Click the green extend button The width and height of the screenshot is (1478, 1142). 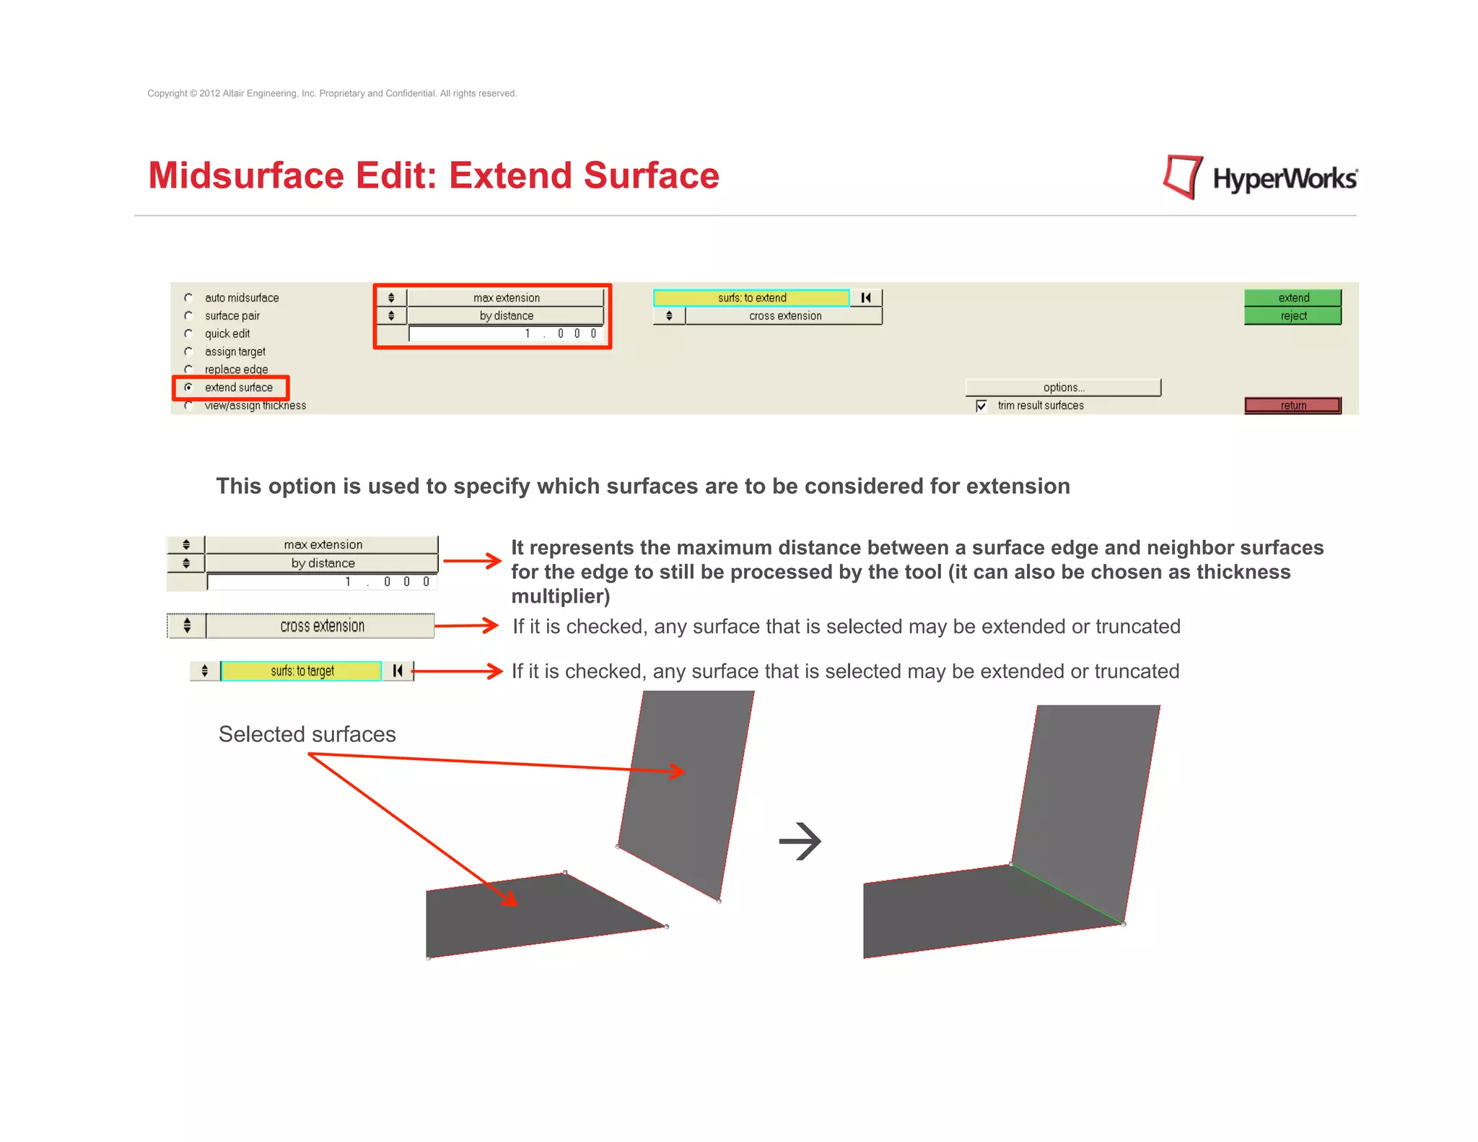pyautogui.click(x=1293, y=297)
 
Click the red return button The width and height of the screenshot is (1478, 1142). pyautogui.click(x=1293, y=405)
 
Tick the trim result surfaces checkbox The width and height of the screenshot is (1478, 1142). pyautogui.click(x=981, y=406)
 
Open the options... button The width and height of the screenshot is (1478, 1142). pyautogui.click(x=1063, y=388)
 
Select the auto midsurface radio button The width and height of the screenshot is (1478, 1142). pyautogui.click(x=188, y=297)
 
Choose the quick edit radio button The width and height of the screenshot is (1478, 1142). pyautogui.click(x=188, y=334)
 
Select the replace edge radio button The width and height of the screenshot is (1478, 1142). pyautogui.click(x=188, y=369)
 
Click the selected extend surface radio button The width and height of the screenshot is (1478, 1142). pyautogui.click(x=188, y=388)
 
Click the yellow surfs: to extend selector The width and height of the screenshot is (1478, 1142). pyautogui.click(x=751, y=297)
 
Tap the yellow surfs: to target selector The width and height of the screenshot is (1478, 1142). pyautogui.click(x=301, y=671)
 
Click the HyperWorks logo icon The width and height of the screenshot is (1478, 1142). pyautogui.click(x=1182, y=177)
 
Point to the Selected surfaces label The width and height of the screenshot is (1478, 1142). pyautogui.click(x=307, y=734)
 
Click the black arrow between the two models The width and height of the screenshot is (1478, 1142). pyautogui.click(x=800, y=841)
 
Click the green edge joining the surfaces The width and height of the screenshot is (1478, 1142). pyautogui.click(x=1067, y=894)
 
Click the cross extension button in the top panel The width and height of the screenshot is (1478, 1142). pyautogui.click(x=784, y=315)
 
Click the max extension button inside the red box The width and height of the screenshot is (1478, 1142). pyautogui.click(x=505, y=297)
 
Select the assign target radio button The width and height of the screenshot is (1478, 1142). pyautogui.click(x=188, y=352)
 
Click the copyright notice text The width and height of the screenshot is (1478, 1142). pyautogui.click(x=332, y=93)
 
